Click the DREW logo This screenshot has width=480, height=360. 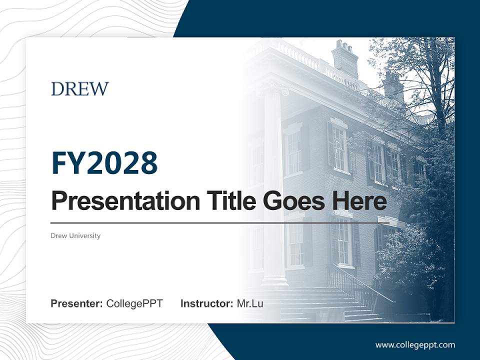point(79,89)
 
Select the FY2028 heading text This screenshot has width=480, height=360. point(104,163)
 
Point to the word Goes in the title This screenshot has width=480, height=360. point(293,200)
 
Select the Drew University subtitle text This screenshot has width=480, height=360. point(75,235)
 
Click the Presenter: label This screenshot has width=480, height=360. point(77,303)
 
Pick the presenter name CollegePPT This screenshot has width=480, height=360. point(134,303)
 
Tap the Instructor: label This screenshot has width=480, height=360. point(206,303)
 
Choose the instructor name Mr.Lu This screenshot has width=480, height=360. point(250,303)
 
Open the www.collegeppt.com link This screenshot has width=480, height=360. point(415,345)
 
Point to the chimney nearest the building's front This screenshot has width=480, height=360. point(345,57)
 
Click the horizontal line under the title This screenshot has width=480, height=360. point(220,223)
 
